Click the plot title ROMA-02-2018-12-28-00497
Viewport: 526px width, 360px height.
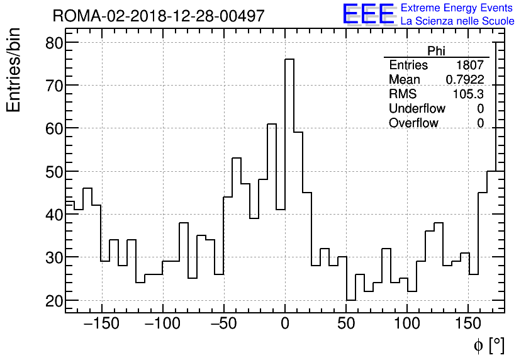pyautogui.click(x=158, y=16)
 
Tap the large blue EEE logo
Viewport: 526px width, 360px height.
pyautogui.click(x=367, y=14)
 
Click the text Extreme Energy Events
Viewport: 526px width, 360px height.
pyautogui.click(x=457, y=8)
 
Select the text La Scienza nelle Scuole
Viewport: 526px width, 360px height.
pyautogui.click(x=457, y=21)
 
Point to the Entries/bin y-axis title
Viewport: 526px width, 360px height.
pyautogui.click(x=14, y=70)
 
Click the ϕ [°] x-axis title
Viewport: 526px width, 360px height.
pyautogui.click(x=489, y=345)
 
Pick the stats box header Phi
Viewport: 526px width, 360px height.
pyautogui.click(x=436, y=52)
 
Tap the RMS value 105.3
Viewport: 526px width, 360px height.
pyautogui.click(x=468, y=94)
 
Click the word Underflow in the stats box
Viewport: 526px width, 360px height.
pyautogui.click(x=417, y=109)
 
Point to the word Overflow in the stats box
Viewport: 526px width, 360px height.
pyautogui.click(x=413, y=123)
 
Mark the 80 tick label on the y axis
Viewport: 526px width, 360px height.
pyautogui.click(x=55, y=43)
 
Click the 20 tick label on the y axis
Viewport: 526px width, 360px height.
pyautogui.click(x=55, y=301)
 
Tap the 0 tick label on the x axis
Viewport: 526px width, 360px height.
pyautogui.click(x=285, y=324)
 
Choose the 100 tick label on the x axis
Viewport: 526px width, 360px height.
pyautogui.click(x=407, y=324)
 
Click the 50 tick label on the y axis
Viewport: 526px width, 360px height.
pyautogui.click(x=55, y=172)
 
